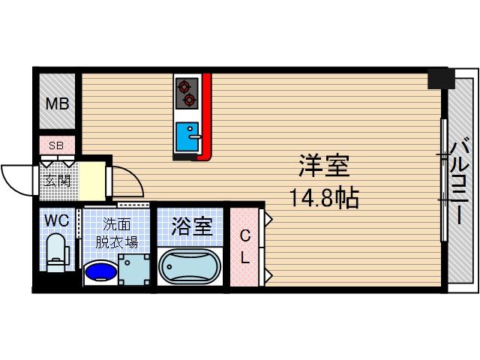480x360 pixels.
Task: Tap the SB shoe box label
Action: click(56, 145)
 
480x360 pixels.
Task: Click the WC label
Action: click(56, 221)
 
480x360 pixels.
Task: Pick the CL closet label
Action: click(245, 247)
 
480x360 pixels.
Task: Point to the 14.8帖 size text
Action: click(325, 198)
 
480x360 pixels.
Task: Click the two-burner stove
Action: click(186, 91)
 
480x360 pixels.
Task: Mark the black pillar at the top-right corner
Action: click(440, 78)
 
